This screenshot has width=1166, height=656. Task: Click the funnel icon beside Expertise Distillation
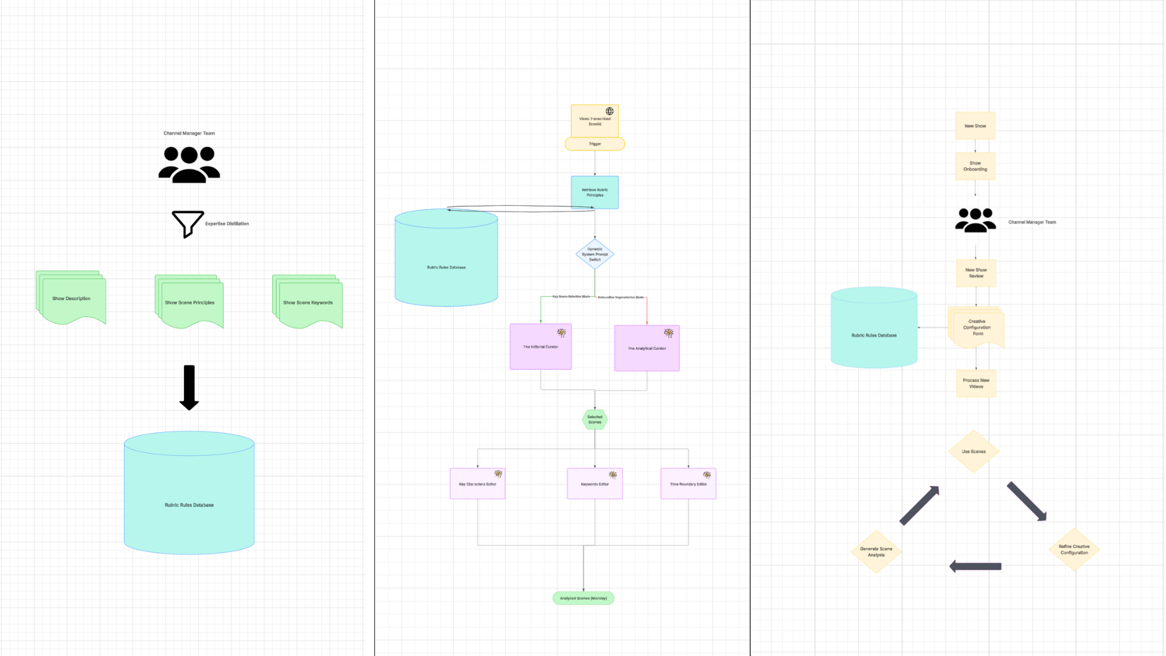tap(188, 224)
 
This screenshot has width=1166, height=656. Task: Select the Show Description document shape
tap(71, 298)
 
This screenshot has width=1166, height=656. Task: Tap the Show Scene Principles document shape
tap(189, 302)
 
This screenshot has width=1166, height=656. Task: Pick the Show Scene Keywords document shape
tap(308, 302)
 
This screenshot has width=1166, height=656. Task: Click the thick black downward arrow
tap(189, 388)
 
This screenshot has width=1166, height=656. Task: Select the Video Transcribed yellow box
tap(595, 121)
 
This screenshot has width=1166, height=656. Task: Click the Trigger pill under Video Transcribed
tap(595, 144)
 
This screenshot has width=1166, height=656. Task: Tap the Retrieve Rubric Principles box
tap(595, 193)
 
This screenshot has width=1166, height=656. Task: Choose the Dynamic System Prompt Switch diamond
tap(595, 255)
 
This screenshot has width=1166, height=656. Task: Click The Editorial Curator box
tap(540, 347)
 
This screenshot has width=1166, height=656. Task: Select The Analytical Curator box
tap(647, 349)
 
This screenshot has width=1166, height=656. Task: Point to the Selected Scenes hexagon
tap(595, 420)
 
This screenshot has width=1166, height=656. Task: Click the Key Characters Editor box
tap(477, 484)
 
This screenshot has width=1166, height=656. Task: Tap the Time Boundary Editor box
tap(688, 484)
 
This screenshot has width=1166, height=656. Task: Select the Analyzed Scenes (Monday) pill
tap(583, 598)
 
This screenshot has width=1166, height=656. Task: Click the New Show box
tap(975, 126)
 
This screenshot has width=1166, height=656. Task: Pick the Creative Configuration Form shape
tap(977, 327)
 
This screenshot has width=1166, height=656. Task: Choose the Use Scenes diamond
tap(973, 451)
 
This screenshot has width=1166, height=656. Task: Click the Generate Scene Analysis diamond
tap(876, 552)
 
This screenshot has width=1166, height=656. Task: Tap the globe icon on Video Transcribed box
tap(609, 111)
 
